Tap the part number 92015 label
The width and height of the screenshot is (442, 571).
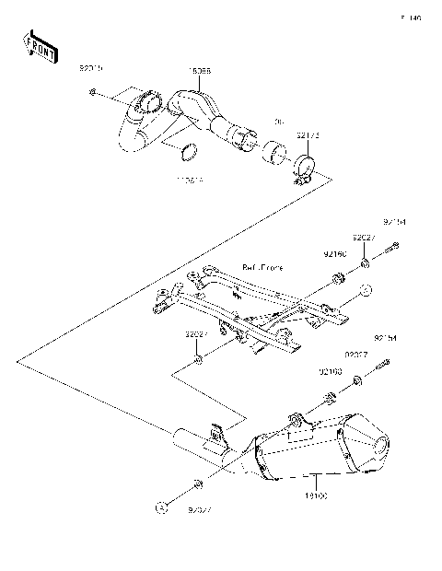click(x=93, y=69)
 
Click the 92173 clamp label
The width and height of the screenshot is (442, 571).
click(x=308, y=134)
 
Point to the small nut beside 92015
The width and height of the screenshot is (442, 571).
click(x=93, y=92)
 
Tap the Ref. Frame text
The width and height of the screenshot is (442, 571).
click(x=262, y=267)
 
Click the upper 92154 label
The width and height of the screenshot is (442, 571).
click(x=395, y=222)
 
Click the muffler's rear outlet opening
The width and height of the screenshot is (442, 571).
click(x=378, y=449)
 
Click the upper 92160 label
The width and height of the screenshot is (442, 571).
click(x=334, y=251)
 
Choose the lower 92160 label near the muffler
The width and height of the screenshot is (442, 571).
click(x=331, y=371)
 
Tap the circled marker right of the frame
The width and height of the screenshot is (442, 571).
click(x=365, y=291)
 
